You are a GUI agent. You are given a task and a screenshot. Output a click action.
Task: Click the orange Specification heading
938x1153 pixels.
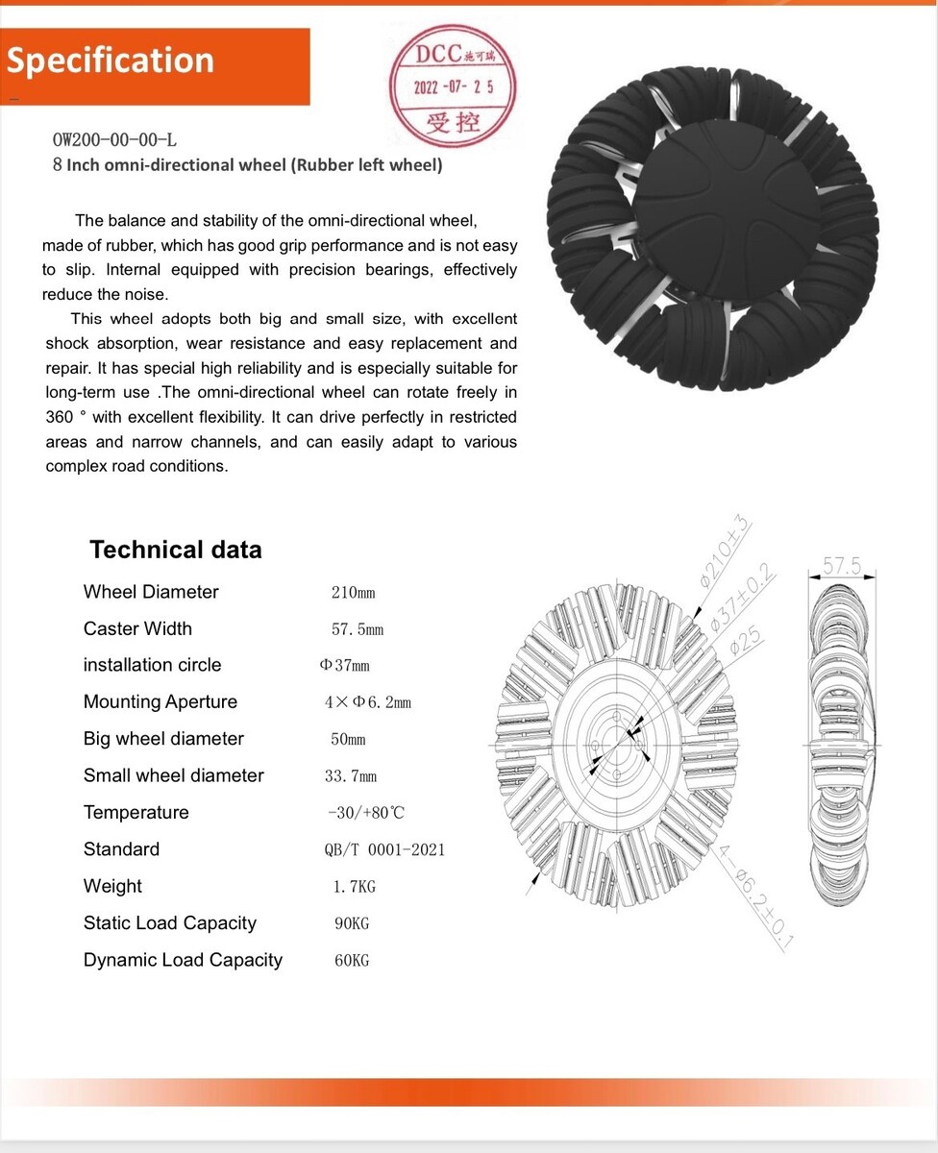coord(111,61)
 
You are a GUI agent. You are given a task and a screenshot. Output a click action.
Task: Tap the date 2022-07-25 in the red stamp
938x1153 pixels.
coord(454,86)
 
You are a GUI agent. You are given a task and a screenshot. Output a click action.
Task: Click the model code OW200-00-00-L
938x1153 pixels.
coord(114,140)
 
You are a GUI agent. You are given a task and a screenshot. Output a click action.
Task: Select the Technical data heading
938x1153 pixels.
coord(176,550)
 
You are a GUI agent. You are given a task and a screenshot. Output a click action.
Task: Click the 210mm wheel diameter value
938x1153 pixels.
coord(353,593)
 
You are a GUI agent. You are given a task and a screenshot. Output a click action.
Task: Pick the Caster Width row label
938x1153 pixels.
coord(137,628)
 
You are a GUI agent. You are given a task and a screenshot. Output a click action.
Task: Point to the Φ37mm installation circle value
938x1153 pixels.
coord(344,666)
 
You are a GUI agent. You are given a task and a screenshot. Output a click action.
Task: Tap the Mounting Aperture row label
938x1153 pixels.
coord(160,701)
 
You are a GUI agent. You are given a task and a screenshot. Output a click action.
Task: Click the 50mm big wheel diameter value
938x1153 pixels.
coord(348,740)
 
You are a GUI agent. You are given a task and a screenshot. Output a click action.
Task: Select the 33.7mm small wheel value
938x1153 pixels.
coord(351,776)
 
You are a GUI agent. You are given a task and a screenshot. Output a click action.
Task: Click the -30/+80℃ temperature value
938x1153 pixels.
coord(366,813)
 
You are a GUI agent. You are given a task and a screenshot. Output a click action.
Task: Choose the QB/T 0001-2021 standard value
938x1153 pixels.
coord(384,849)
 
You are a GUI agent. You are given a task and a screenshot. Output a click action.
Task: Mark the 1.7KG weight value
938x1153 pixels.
coord(355,887)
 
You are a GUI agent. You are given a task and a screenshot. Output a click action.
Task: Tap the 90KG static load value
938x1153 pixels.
coord(352,923)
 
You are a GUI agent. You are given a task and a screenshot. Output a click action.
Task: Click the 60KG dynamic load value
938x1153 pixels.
coord(352,960)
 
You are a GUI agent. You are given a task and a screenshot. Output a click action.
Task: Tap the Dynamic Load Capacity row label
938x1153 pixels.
coord(183,960)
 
